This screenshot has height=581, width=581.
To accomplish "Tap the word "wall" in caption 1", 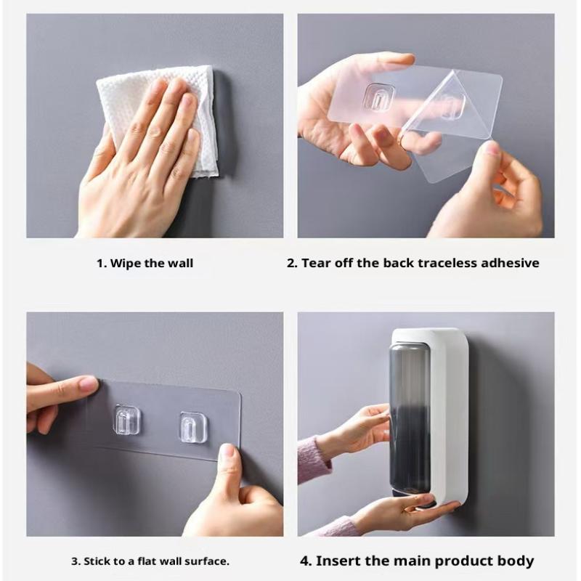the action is (180, 264).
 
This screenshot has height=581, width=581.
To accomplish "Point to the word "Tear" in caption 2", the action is (316, 263).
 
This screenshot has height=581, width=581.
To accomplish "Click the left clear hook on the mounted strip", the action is (126, 420).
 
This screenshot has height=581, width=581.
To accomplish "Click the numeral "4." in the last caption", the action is (306, 561).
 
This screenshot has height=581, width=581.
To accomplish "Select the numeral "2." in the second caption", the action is (293, 263).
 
